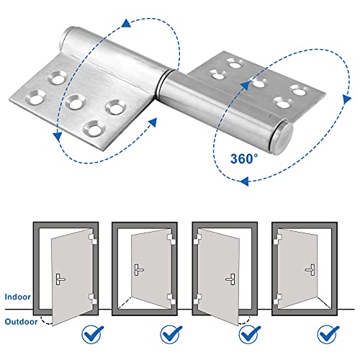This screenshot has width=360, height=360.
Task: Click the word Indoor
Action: click(x=15, y=296)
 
